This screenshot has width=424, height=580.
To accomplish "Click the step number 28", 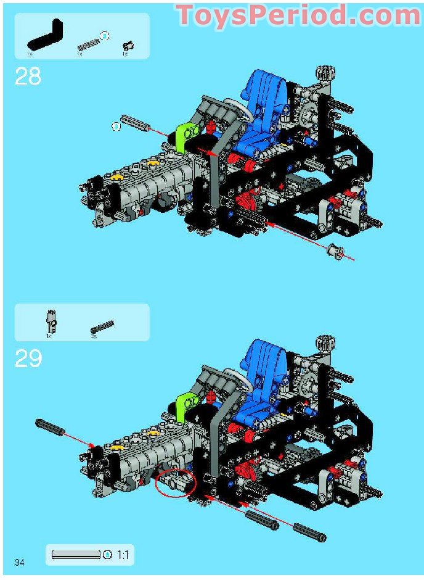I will coord(28,77).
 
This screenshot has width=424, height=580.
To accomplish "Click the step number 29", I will coord(28,358).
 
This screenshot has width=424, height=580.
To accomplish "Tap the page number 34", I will coord(19,561).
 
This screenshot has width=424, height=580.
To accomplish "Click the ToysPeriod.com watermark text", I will coord(298,16).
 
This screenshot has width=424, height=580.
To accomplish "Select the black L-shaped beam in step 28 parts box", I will coord(46,36).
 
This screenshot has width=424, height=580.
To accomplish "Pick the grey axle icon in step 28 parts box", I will coord(88,44).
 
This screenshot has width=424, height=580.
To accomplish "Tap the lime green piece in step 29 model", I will coord(185,404).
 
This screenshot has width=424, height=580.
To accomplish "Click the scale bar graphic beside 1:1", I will coord(76,555).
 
